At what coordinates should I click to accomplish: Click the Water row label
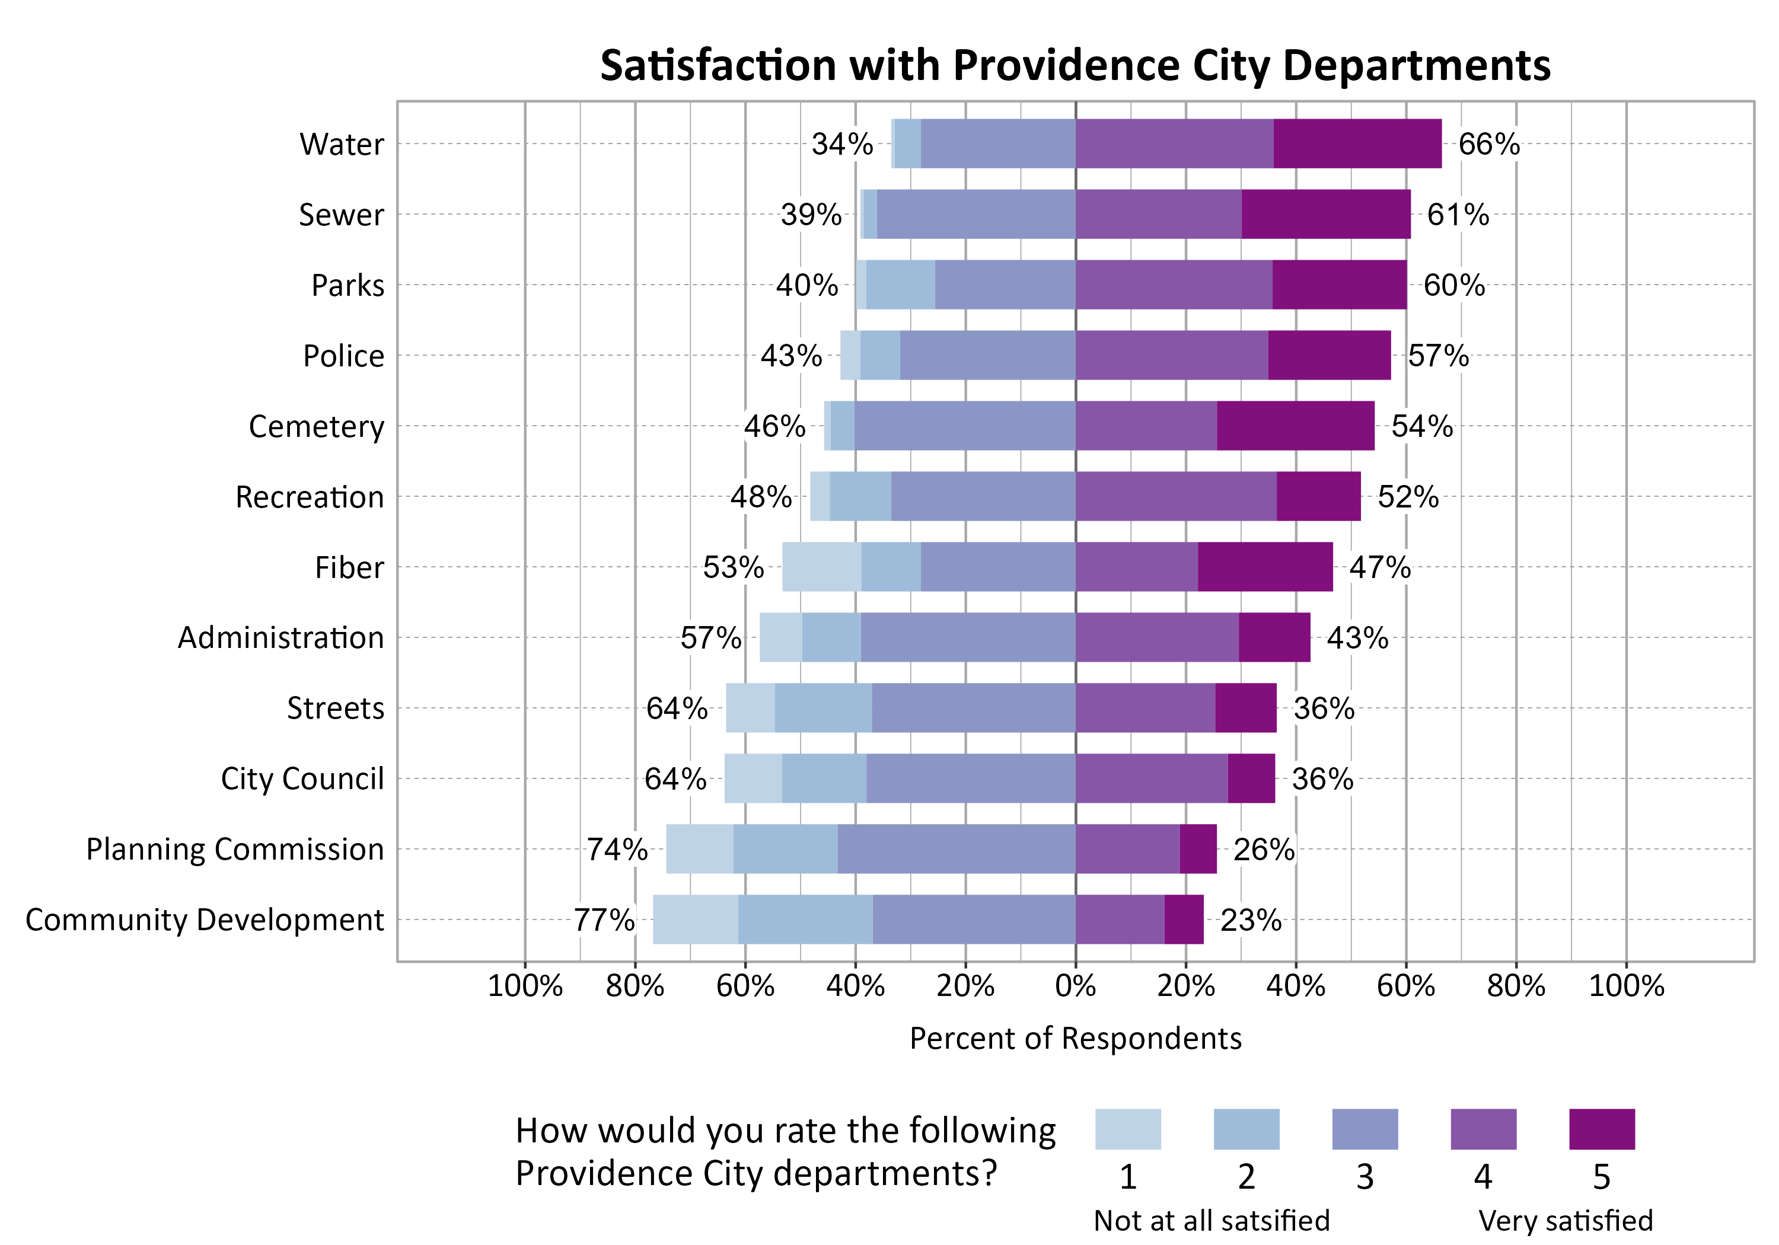(x=341, y=144)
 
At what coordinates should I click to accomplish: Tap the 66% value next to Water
(x=1488, y=144)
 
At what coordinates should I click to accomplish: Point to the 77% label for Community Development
(x=604, y=920)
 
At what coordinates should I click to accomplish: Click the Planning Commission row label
(x=235, y=849)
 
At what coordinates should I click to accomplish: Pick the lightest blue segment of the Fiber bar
(x=821, y=567)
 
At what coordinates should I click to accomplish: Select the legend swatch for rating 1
(x=1127, y=1129)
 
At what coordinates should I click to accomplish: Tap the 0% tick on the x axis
(x=1076, y=987)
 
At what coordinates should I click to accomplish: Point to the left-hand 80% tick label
(x=635, y=987)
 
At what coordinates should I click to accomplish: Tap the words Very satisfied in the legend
(x=1565, y=1220)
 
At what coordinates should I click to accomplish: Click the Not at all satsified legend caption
(x=1211, y=1220)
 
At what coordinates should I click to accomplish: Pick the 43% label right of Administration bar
(x=1357, y=637)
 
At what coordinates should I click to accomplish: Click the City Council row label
(x=302, y=778)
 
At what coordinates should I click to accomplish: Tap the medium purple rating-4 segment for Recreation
(x=1175, y=497)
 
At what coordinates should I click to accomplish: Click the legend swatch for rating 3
(x=1364, y=1129)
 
